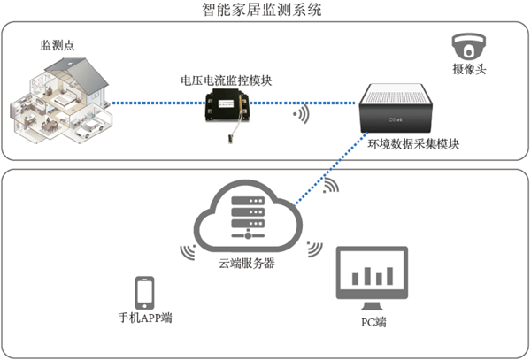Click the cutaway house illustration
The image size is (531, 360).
[x=63, y=101]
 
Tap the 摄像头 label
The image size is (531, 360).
[x=466, y=68]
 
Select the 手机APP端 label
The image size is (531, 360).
[x=145, y=317]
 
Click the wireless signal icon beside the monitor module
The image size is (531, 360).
[x=301, y=114]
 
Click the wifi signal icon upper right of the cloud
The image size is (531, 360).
[x=332, y=187]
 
